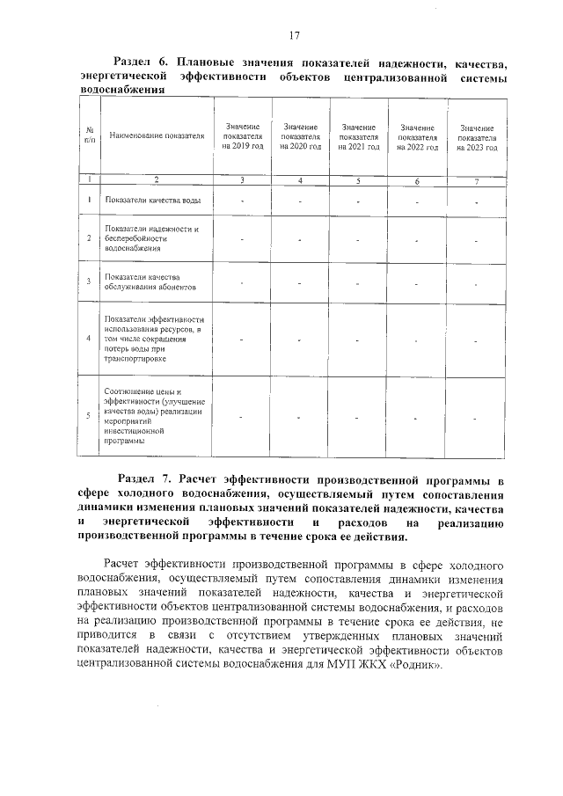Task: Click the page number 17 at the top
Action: pos(294,35)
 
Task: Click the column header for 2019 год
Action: pos(243,138)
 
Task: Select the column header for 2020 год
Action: pos(301,138)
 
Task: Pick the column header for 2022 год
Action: pos(417,138)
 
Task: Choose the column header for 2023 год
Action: pos(477,138)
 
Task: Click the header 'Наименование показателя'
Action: pos(156,137)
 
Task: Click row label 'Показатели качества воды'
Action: pos(152,201)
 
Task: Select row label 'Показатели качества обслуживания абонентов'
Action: pos(150,282)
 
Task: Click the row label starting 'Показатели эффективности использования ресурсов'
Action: pos(153,339)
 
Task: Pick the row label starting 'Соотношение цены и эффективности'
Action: pos(153,416)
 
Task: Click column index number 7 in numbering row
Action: pos(477,180)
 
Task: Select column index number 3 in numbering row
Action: pos(243,180)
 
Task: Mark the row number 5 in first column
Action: pos(89,416)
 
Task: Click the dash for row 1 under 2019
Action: pos(243,201)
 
